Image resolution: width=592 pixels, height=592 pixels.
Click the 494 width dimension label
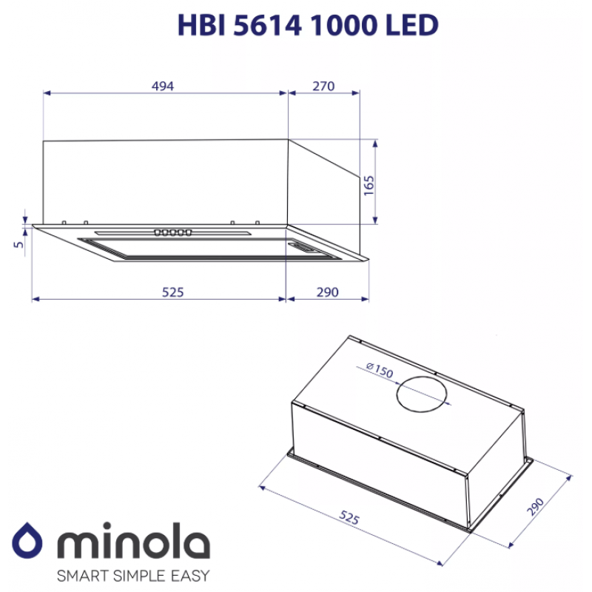pos(163,86)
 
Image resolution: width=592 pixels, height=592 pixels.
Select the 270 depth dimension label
pos(323,86)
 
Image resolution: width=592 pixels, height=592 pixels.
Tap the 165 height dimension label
pos(369,186)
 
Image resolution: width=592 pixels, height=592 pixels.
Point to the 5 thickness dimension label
pos(18,244)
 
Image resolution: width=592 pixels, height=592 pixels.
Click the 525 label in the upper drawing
pos(173,292)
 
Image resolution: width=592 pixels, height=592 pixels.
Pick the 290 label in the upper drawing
pos(327,292)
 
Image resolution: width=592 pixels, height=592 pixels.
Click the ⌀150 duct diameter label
pos(380,370)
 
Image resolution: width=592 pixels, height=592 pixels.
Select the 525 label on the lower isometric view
pos(349,517)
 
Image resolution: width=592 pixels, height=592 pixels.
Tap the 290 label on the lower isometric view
pos(536,507)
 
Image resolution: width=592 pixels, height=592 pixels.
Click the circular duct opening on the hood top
pos(422,394)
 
